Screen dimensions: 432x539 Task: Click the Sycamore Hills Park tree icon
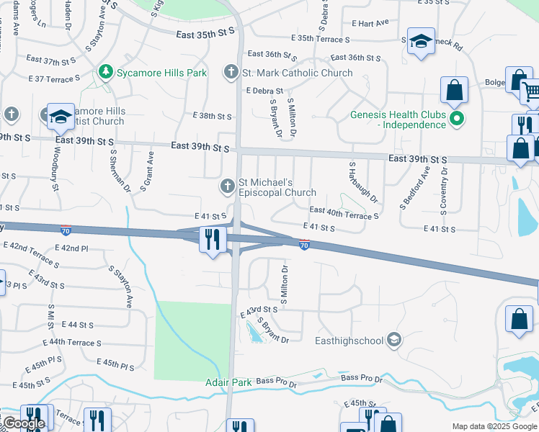tap(105, 73)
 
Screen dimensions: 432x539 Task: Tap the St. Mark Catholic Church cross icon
tap(231, 73)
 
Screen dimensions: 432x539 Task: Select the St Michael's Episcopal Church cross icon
tap(228, 187)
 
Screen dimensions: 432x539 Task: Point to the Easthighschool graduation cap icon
tap(393, 339)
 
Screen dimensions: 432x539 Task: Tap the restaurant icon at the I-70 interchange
tap(212, 238)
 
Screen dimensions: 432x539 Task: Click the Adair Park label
tap(228, 382)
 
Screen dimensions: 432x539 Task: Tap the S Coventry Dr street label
tap(444, 190)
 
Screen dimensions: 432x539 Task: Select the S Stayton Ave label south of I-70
tap(120, 285)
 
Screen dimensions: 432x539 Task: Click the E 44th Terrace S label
tap(72, 343)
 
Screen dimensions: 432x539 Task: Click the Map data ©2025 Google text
tap(494, 426)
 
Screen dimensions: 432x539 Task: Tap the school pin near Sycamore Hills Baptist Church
tap(61, 116)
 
